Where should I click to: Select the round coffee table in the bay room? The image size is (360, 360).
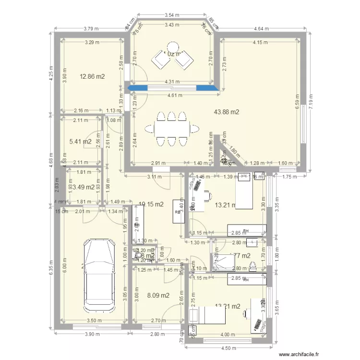tap(173, 47)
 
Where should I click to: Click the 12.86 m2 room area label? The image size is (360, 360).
tap(92, 76)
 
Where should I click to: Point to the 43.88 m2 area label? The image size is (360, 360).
tap(227, 112)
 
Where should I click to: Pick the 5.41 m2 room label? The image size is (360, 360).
tap(81, 142)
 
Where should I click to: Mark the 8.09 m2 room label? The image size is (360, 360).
tap(158, 295)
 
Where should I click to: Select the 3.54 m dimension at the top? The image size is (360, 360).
tap(171, 15)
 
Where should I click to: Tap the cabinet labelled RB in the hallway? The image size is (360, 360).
tap(178, 212)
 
